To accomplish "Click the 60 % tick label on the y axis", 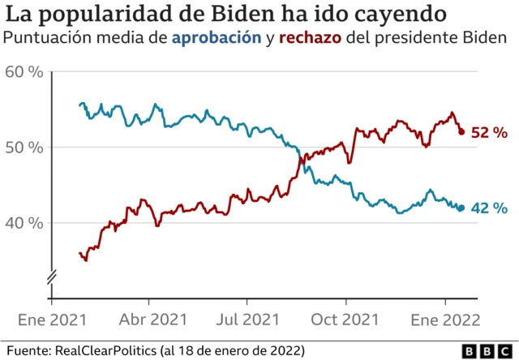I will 24,72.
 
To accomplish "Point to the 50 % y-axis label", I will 24,148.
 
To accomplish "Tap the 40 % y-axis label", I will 24,223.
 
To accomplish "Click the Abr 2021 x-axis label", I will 154,319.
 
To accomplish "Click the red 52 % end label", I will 489,132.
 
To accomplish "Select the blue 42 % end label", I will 489,208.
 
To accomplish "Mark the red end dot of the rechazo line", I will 461,131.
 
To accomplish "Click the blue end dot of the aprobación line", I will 461,208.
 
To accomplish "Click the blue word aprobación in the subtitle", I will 216,38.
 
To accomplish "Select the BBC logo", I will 487,350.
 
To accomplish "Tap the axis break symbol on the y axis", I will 50,278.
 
